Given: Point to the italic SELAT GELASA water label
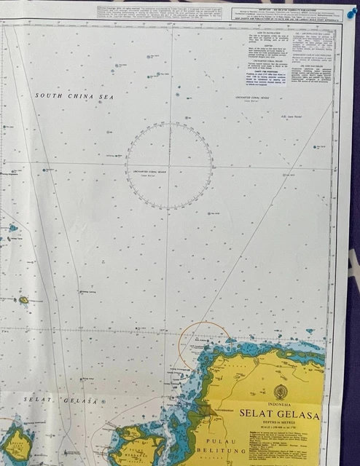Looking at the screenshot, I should (x=60, y=400).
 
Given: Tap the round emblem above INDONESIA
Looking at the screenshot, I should (x=281, y=392).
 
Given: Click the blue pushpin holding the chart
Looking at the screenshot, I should (x=352, y=12).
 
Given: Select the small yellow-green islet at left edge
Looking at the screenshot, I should (x=23, y=299).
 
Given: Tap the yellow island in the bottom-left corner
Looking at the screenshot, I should (x=16, y=446).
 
